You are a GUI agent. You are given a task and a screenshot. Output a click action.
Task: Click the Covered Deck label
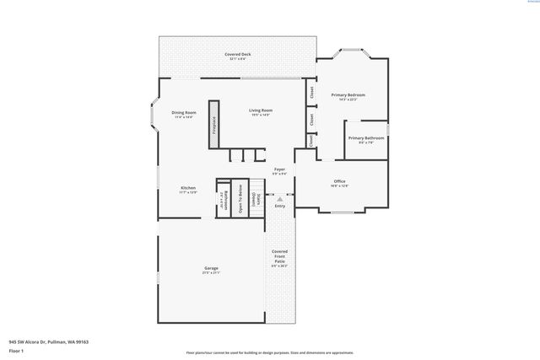pos(237,56)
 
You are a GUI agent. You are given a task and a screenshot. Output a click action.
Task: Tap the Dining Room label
pos(184,114)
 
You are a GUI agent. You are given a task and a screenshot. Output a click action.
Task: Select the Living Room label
pos(260,112)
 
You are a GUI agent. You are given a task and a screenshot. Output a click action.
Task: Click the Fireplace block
pos(214,125)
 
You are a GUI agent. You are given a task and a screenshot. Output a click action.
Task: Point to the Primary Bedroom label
pos(348,96)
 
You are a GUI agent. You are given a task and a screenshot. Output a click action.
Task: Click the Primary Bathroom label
pos(366,139)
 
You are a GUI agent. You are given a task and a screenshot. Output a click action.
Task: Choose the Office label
pos(339,183)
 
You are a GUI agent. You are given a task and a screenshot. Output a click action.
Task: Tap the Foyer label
pos(279,171)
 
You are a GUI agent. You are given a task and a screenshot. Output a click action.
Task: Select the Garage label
pos(211,270)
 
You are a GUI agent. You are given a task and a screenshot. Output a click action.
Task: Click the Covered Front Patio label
pos(279,258)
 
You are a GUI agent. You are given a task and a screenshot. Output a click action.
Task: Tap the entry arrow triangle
pos(280,199)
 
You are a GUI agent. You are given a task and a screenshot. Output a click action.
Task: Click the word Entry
pos(280,206)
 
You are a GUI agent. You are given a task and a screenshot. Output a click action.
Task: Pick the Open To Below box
pos(240,198)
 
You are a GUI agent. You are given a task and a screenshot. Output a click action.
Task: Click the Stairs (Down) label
pos(254,198)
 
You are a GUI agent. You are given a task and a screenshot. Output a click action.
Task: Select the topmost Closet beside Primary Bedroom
pos(311,93)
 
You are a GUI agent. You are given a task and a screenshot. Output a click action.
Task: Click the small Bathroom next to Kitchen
pos(224,199)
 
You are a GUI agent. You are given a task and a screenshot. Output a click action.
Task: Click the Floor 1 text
pos(16,350)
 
